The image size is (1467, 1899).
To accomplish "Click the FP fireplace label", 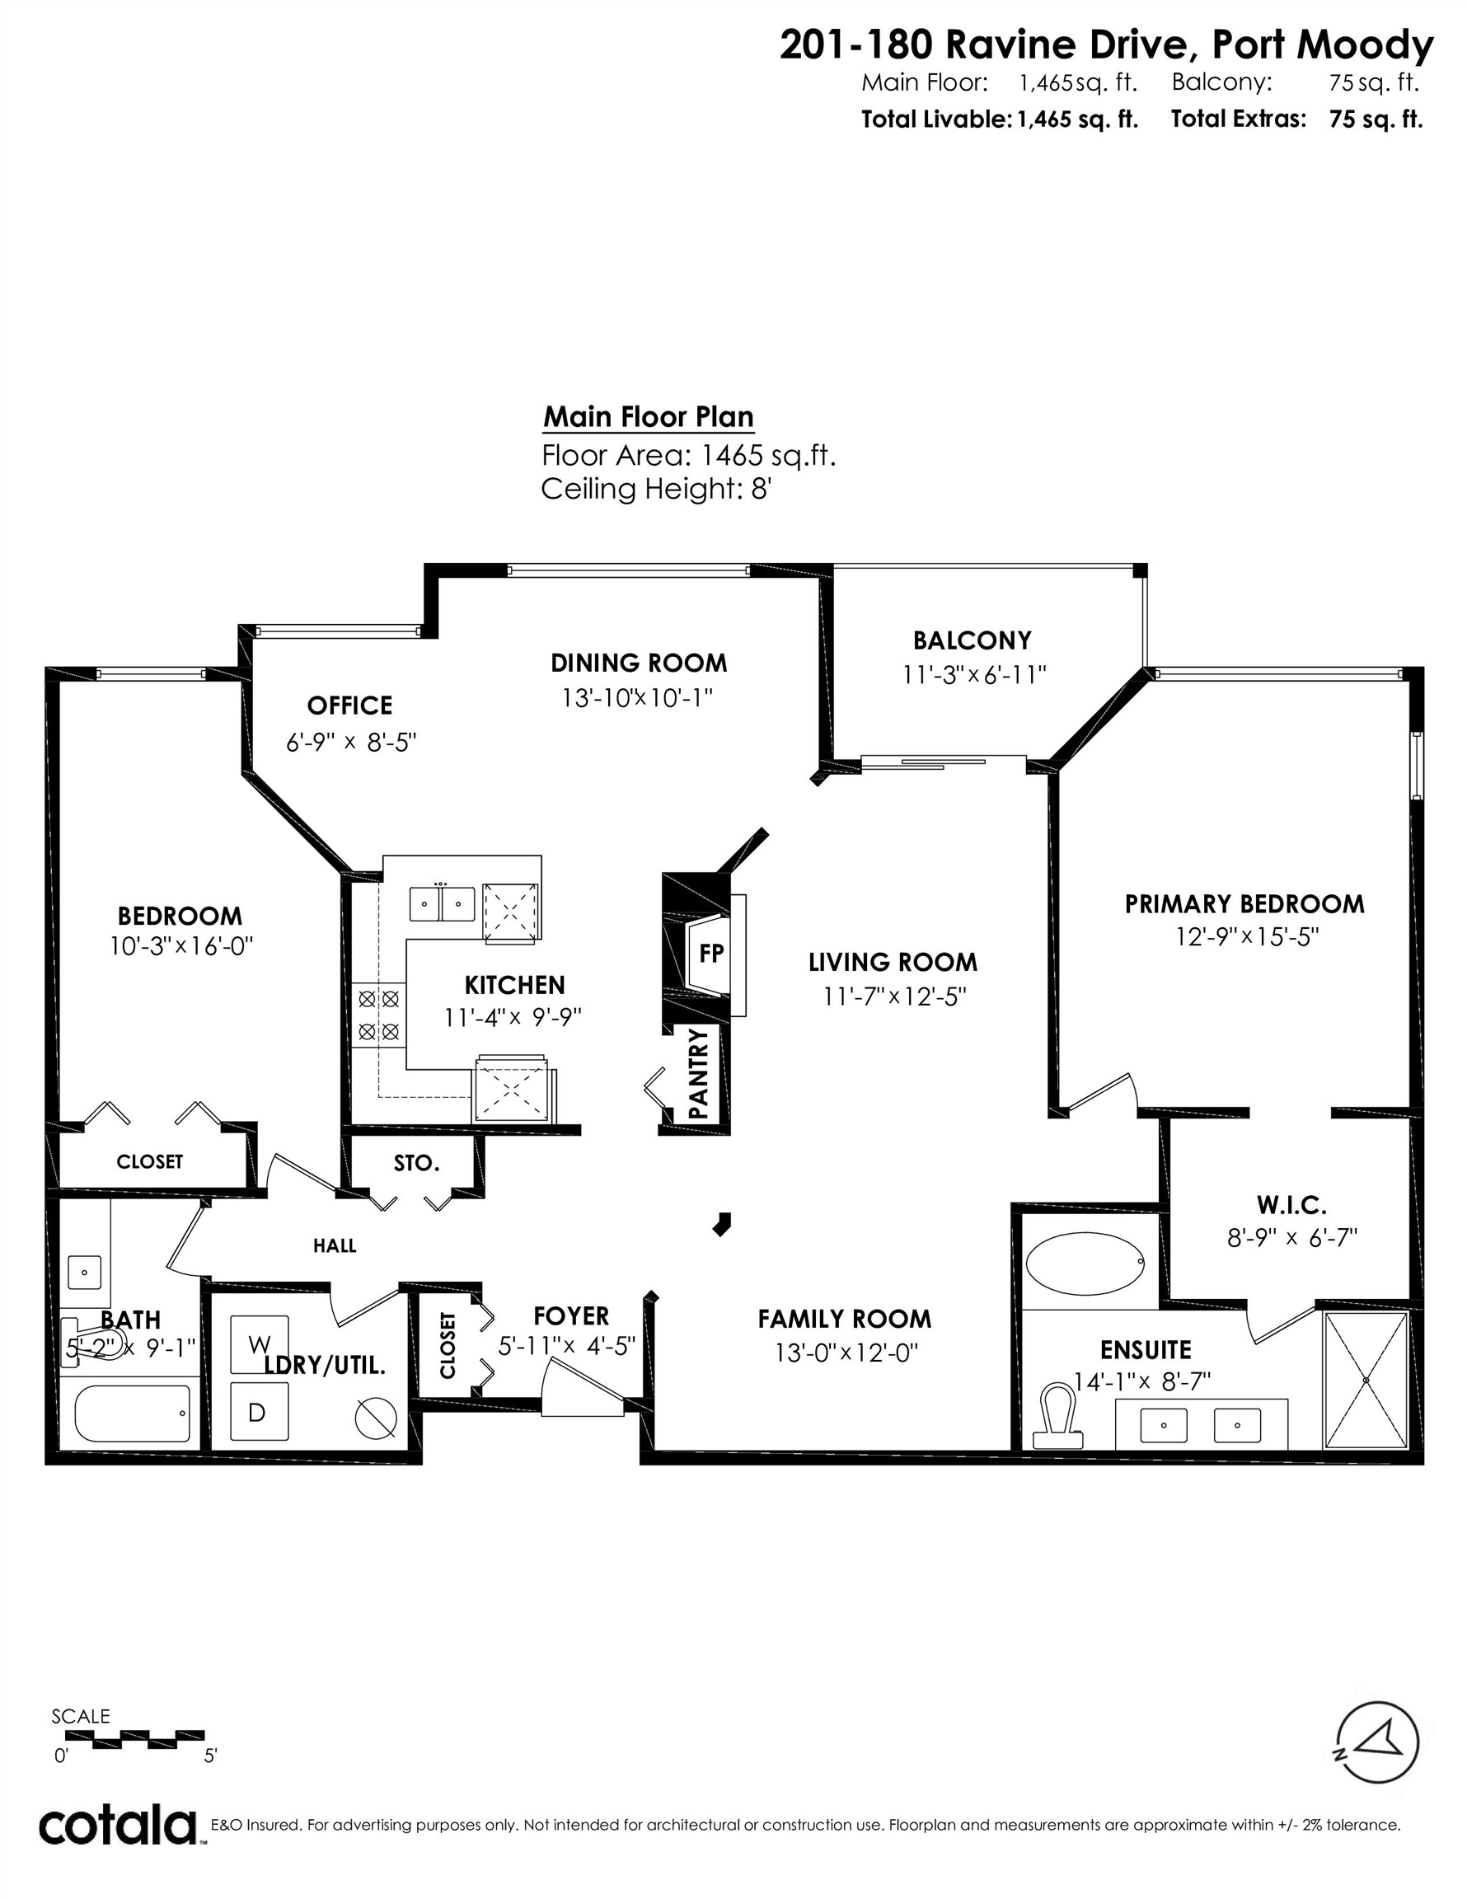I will (710, 953).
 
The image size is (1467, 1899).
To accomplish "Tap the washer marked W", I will (258, 1344).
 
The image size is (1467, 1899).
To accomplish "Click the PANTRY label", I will (699, 1073).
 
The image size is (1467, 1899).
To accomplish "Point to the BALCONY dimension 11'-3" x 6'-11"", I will (973, 675).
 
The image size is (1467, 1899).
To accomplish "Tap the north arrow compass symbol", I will (1376, 1742).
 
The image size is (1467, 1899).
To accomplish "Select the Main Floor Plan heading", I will (648, 417).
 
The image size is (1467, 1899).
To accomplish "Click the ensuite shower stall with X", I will (1366, 1381).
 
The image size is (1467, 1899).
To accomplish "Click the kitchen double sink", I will (442, 903).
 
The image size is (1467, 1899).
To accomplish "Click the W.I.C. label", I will (1291, 1205).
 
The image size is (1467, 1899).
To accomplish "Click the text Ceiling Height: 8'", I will (656, 489).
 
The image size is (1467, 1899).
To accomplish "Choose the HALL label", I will (335, 1245).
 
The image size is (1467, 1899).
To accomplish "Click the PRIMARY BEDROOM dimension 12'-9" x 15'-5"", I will (1244, 936).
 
